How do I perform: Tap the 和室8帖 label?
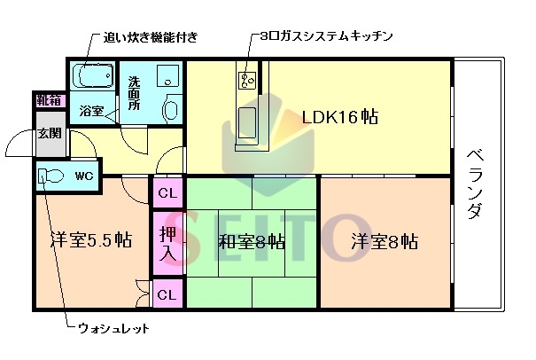pos(252,241)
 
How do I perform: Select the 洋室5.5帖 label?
pos(90,240)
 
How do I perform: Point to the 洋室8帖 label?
pos(384,241)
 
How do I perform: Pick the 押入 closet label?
pos(167,242)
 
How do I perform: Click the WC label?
pos(84,176)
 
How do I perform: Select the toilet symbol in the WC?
pos(51,176)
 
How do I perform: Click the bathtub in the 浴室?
pos(92,76)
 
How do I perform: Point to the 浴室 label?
pos(91,111)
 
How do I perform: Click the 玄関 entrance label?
pos(50,134)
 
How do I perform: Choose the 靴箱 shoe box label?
pos(50,100)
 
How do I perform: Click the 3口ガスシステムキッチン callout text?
pos(326,36)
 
